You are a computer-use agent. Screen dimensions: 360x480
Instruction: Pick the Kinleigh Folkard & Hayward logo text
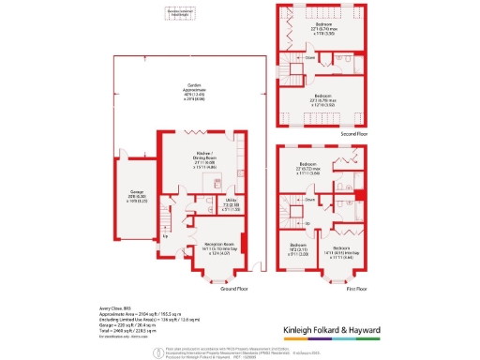coord(358,331)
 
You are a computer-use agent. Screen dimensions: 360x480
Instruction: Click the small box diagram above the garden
coord(178,13)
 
